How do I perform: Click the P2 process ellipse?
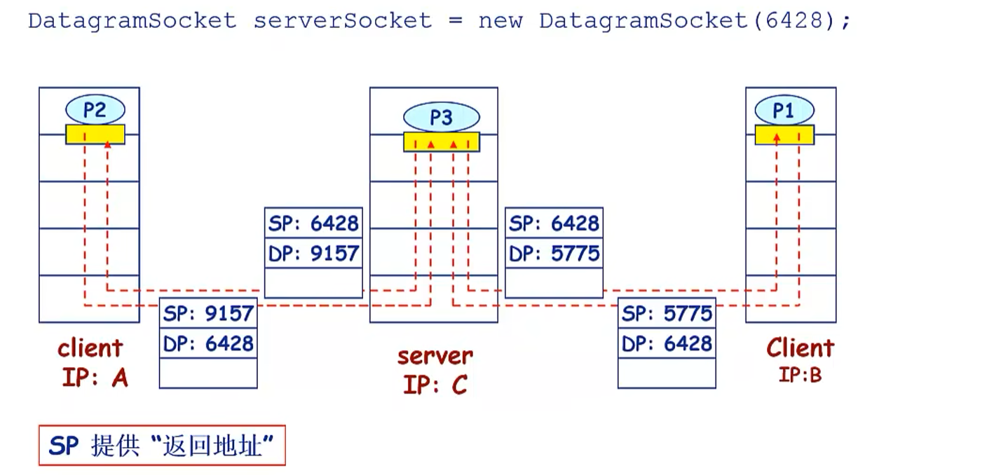[x=95, y=110]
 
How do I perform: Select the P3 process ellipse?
[x=441, y=117]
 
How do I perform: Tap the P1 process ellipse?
[x=784, y=111]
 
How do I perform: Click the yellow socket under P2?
[x=95, y=134]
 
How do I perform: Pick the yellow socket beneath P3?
[x=441, y=142]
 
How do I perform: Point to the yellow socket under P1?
[x=784, y=135]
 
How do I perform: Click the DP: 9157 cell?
[x=313, y=253]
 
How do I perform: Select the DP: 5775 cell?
[x=554, y=253]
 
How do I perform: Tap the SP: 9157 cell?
[x=208, y=313]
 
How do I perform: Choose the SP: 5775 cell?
[x=667, y=313]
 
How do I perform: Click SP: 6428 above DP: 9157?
[x=313, y=223]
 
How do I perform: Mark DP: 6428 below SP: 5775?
[x=667, y=343]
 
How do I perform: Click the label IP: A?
[x=95, y=378]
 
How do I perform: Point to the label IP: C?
[x=435, y=385]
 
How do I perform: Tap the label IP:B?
[x=799, y=376]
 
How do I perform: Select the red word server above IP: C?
[x=435, y=355]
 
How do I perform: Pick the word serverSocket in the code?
[x=342, y=20]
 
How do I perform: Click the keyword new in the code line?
[x=501, y=20]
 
